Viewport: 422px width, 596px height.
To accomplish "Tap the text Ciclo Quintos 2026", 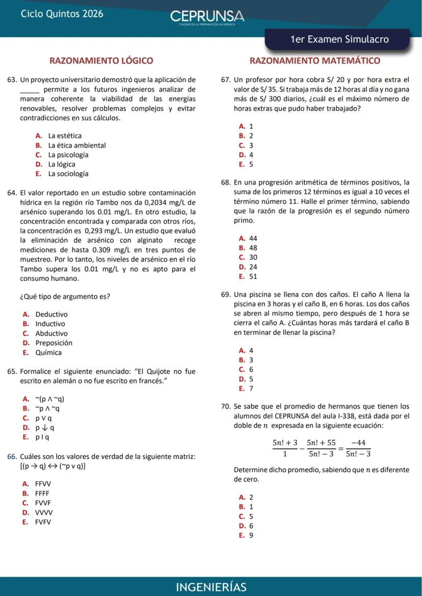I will point(62,14).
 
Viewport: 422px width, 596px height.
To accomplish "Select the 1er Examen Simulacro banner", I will point(339,40).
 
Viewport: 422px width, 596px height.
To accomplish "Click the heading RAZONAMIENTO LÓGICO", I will point(101,61).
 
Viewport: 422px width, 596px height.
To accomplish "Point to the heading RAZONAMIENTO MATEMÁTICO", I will point(314,61).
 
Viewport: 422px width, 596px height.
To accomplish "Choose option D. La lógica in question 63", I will point(56,165).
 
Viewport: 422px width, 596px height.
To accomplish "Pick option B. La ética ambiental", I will point(71,146).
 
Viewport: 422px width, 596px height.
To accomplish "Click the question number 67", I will point(226,80).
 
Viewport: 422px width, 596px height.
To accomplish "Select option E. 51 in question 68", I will point(248,277).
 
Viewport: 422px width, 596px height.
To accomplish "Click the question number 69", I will point(226,294).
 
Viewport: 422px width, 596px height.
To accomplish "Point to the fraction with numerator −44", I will point(358,448).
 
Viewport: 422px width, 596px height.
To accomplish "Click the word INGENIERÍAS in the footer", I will point(211,587).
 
